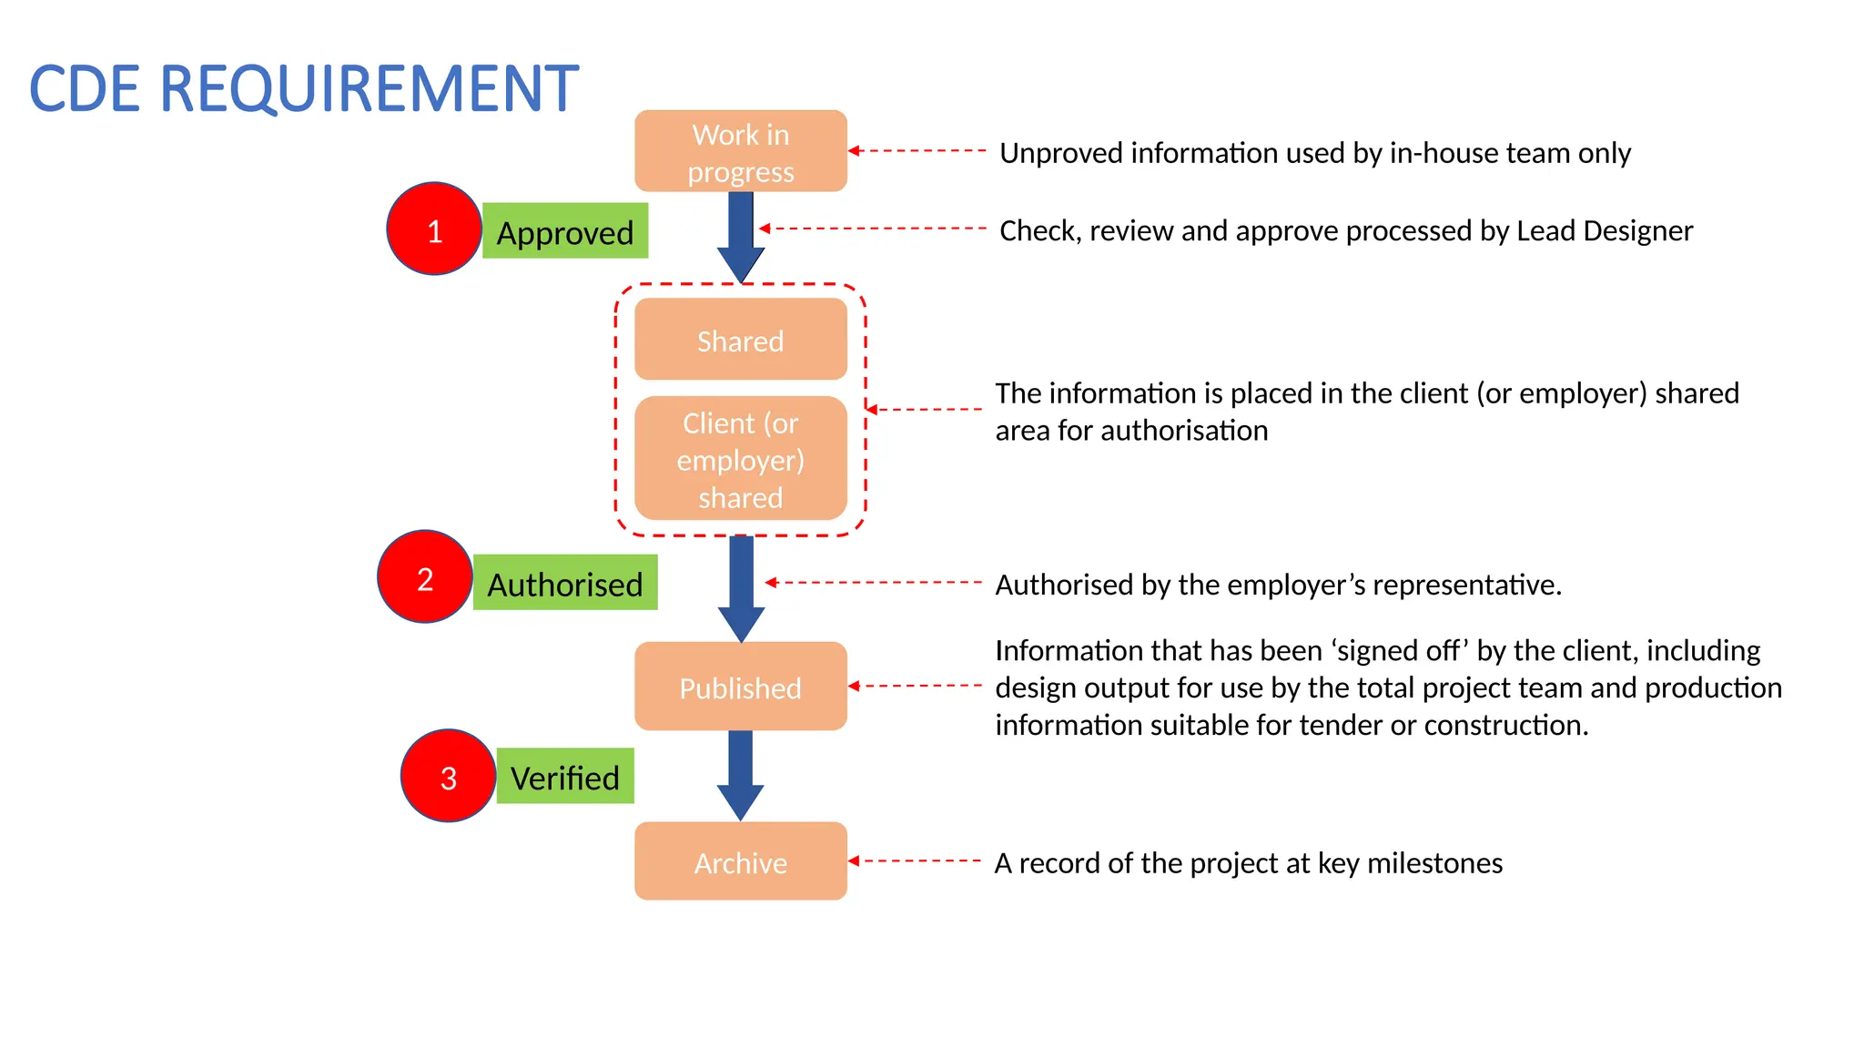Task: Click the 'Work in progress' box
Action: [x=740, y=151]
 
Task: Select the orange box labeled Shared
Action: [x=740, y=340]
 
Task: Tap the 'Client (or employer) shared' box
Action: [x=740, y=459]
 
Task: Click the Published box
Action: [x=740, y=687]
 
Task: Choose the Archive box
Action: [x=740, y=861]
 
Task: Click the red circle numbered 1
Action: [x=434, y=229]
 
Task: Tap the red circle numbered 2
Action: [x=425, y=577]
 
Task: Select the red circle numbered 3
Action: [x=448, y=777]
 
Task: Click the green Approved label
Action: [x=564, y=232]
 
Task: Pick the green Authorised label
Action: [x=564, y=583]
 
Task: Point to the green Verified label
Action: [x=564, y=777]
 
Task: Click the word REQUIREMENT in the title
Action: [x=369, y=89]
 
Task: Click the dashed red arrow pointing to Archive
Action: [x=915, y=861]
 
